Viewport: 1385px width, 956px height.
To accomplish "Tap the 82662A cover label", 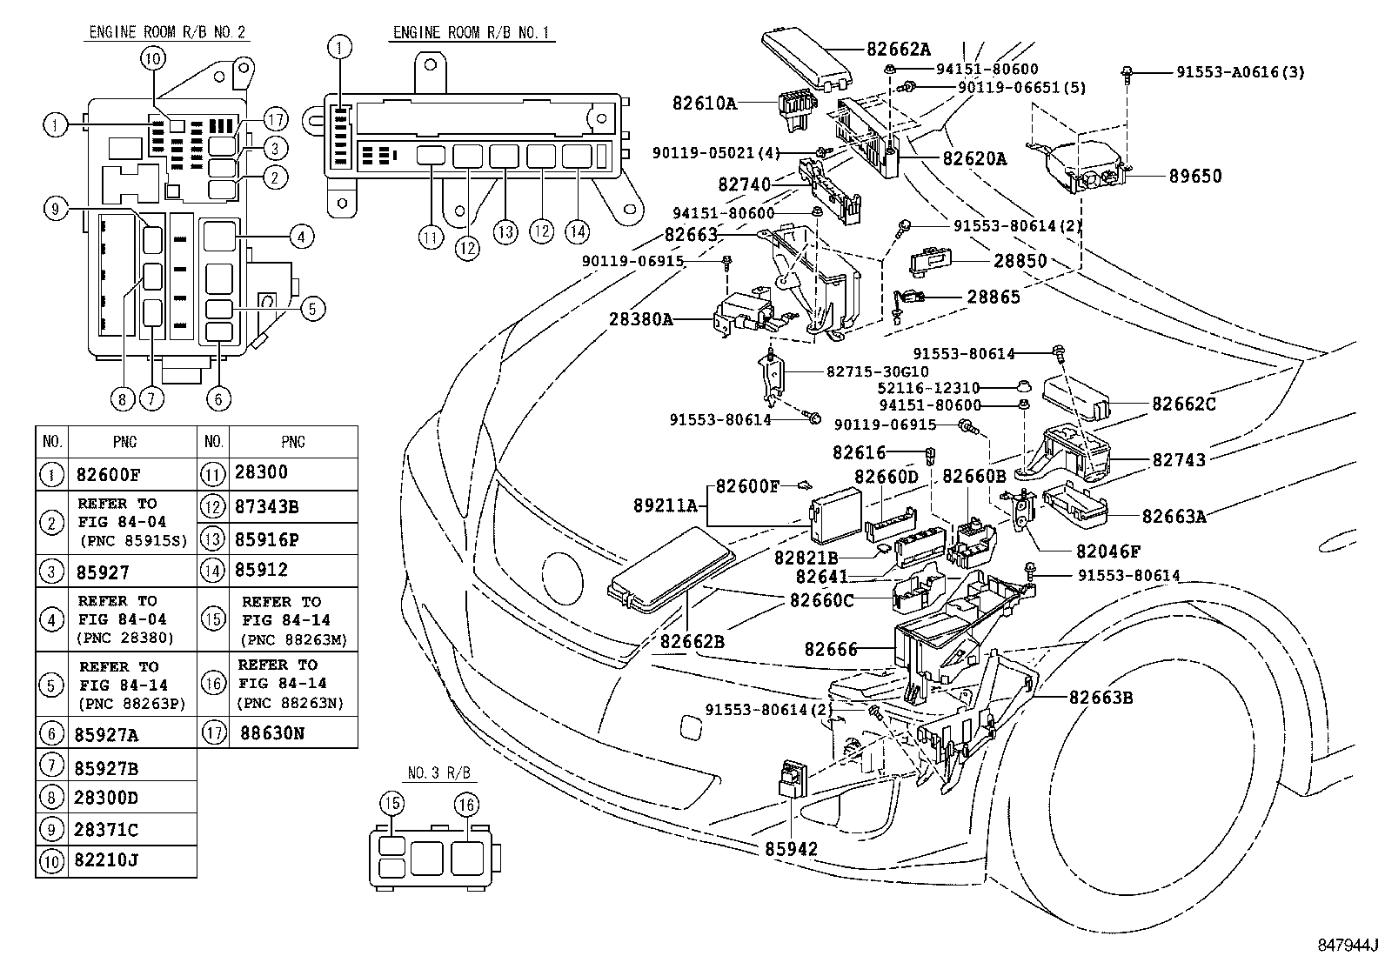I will click(x=898, y=50).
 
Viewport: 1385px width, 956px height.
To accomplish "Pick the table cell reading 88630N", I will click(x=272, y=733).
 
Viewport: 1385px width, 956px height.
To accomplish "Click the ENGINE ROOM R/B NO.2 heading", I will click(x=168, y=33).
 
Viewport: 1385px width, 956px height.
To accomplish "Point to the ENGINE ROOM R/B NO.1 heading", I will click(x=473, y=33).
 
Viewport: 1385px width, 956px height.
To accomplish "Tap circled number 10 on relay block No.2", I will click(x=152, y=58).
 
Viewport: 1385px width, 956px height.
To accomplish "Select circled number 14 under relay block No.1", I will click(x=577, y=231).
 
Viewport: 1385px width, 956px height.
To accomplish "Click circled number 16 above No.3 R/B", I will click(x=466, y=805).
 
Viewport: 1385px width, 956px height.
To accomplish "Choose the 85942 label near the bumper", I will click(x=791, y=848).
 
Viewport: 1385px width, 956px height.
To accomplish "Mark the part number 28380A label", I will click(x=642, y=319).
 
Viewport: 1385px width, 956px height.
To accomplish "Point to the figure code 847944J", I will click(x=1348, y=944).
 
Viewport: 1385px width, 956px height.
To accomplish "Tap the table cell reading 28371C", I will click(x=107, y=830).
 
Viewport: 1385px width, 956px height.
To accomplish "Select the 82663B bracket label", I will click(x=1101, y=697).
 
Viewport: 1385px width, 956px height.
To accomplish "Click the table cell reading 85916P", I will click(x=267, y=539).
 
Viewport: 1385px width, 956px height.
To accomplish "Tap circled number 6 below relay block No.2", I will click(x=218, y=398).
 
